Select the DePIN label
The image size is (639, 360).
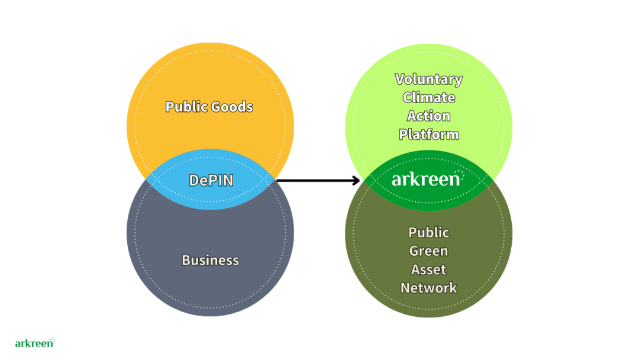click(211, 180)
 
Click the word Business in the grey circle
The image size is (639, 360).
click(210, 261)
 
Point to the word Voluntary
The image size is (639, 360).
click(429, 79)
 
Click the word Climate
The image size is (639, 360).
click(429, 98)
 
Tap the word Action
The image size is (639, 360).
click(429, 116)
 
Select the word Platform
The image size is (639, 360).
click(429, 134)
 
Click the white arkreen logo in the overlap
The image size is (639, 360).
click(426, 179)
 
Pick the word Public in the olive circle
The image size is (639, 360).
click(429, 233)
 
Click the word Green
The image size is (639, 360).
click(429, 251)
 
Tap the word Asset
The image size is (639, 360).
click(429, 269)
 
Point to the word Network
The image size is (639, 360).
click(429, 288)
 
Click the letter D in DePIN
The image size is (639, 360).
click(193, 180)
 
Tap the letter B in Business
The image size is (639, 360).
click(186, 261)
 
